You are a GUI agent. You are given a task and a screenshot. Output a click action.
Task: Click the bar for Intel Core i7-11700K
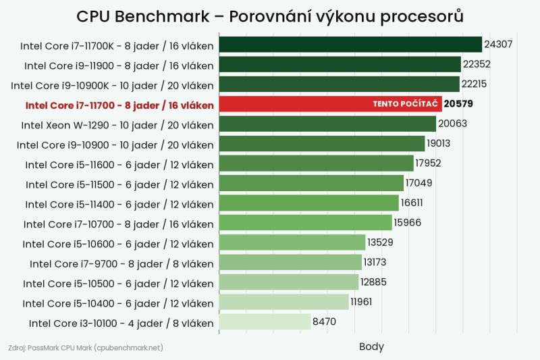[350, 45]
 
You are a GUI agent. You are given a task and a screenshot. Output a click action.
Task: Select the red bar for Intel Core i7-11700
[330, 104]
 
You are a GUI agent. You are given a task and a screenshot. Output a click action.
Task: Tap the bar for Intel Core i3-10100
[265, 322]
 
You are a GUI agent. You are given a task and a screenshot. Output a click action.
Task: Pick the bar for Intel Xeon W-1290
[327, 124]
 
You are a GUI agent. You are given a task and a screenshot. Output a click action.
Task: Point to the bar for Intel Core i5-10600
[292, 242]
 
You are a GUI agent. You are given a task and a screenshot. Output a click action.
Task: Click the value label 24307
[498, 44]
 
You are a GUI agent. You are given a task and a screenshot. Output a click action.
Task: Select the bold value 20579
[458, 104]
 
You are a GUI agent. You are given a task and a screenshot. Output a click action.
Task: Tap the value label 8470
[324, 322]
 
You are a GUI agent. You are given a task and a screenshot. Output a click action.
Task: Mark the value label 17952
[428, 163]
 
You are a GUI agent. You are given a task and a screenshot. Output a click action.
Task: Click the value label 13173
[375, 262]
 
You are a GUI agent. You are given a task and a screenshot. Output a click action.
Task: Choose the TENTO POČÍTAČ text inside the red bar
[406, 104]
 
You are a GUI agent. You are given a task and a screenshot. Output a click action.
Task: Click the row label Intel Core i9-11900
[119, 66]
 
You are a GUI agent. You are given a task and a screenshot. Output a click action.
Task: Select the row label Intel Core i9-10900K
[112, 85]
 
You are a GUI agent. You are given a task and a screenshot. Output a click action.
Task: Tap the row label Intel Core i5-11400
[119, 205]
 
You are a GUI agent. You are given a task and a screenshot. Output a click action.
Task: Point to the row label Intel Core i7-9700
[122, 264]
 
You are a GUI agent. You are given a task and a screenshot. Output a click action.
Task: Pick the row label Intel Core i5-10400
[118, 303]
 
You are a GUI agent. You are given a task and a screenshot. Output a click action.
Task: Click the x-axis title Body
[371, 346]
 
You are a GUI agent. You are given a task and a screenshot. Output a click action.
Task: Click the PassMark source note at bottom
[86, 348]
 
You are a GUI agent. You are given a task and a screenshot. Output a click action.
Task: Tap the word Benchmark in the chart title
[162, 16]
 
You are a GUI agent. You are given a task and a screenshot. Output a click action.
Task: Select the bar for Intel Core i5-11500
[311, 183]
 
